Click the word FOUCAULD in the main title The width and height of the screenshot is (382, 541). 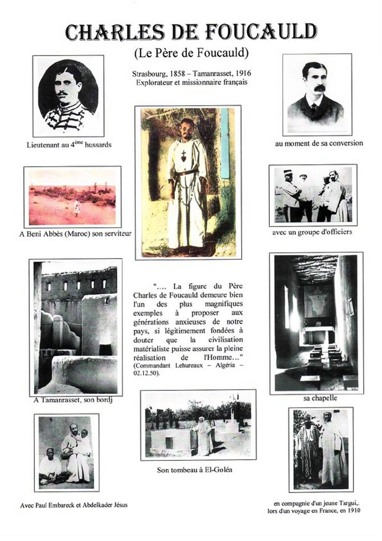pos(261,32)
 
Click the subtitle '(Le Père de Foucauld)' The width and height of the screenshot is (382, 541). pos(191,53)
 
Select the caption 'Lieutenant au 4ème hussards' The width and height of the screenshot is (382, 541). pos(68,145)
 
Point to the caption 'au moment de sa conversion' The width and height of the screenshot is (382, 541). pos(319,143)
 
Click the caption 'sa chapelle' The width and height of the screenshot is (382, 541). pos(320,398)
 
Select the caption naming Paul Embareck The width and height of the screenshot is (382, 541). pos(74,504)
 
